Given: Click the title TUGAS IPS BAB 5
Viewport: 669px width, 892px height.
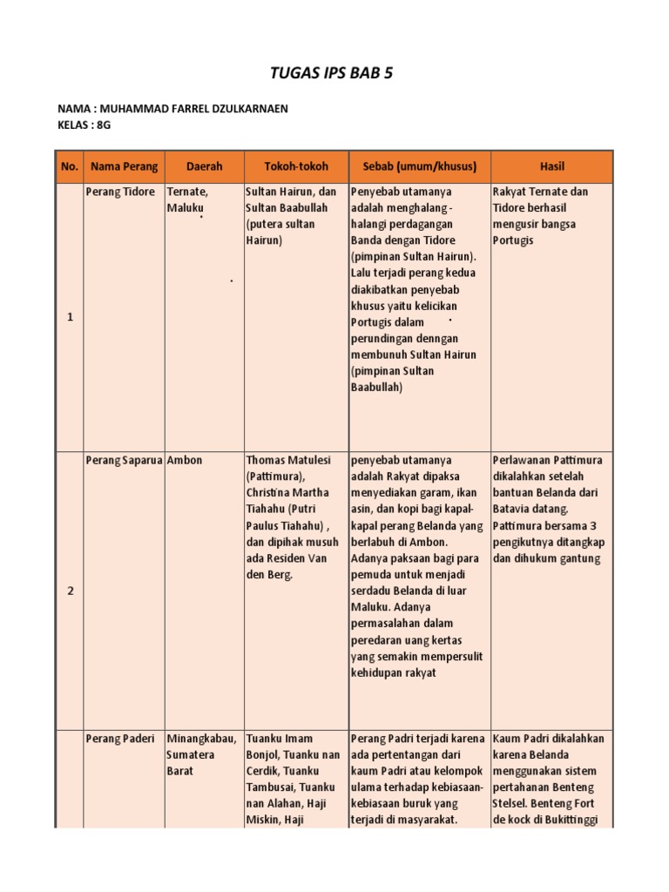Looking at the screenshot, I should coord(334,72).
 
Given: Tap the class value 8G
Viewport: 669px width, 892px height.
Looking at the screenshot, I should coord(104,125).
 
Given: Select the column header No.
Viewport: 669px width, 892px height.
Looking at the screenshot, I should coord(70,166).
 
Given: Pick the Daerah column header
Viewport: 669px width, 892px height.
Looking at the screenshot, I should coord(204,166).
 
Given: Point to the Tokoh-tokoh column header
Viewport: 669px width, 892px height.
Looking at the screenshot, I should coord(296,166).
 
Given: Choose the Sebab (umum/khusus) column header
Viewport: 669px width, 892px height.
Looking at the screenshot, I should coord(419,166).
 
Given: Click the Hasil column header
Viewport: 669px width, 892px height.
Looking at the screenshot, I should coord(552,166).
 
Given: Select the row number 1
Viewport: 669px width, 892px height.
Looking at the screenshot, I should coord(70,317).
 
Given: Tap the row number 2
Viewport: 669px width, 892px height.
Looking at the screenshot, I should coord(70,591).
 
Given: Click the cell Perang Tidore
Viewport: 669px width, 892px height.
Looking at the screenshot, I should coord(120,192).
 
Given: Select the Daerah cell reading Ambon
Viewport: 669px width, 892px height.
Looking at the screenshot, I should coord(185,460).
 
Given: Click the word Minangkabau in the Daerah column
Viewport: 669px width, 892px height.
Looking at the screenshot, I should coord(201,739).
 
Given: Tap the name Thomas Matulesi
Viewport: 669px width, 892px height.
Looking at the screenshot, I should coord(290,460).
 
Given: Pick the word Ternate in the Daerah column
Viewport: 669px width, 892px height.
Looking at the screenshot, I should coord(187,192).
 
